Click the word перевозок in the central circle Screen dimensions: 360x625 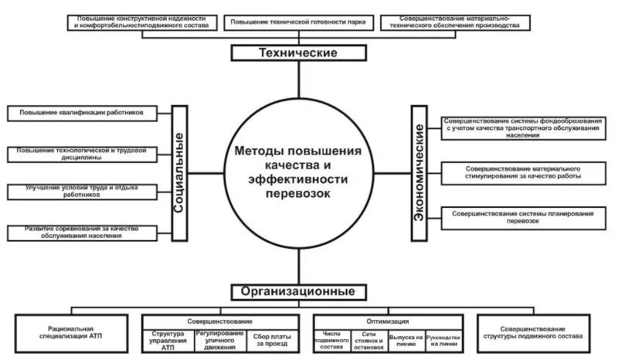297,194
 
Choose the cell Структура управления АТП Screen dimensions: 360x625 168,341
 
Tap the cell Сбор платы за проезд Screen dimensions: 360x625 271,341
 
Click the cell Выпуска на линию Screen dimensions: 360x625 406,341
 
